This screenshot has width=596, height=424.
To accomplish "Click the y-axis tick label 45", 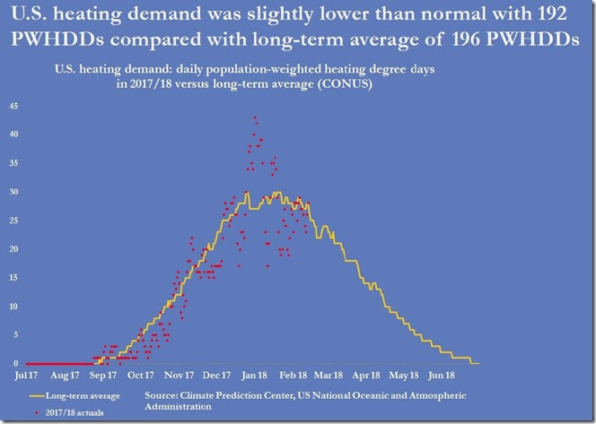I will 13,106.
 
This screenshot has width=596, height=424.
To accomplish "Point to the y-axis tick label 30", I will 13,192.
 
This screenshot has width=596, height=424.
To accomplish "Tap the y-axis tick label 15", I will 13,278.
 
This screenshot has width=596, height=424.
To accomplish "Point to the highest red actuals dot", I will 255,117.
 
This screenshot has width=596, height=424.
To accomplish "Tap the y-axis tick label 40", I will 13,134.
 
